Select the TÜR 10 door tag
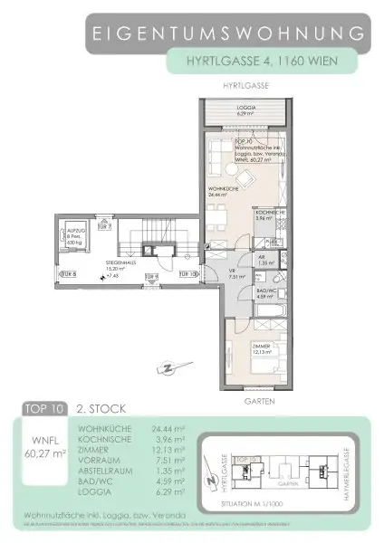(x=187, y=272)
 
